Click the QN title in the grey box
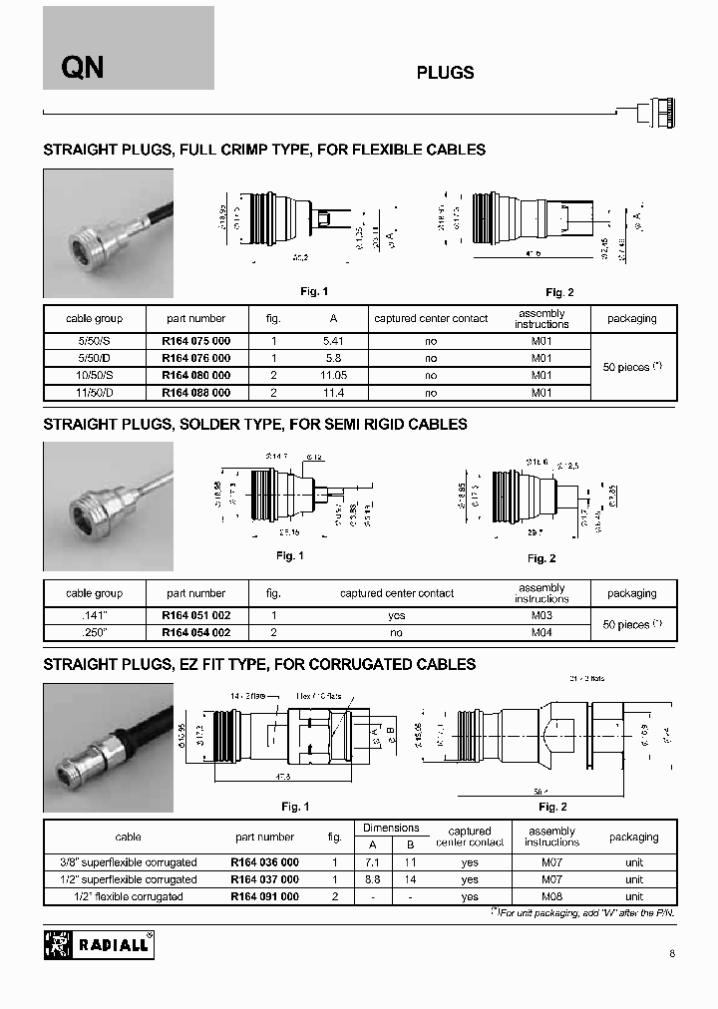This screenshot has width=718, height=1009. (x=83, y=68)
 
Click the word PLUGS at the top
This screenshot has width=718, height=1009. (x=444, y=73)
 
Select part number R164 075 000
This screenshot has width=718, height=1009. (x=195, y=341)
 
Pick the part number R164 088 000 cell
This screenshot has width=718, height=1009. (x=195, y=393)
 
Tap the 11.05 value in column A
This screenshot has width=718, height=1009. (x=331, y=376)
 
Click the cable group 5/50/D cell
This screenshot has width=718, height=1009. (x=94, y=358)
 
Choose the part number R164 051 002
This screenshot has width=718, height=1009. (x=195, y=616)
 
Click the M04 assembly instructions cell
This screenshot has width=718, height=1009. (x=541, y=633)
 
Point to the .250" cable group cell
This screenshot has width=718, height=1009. (x=94, y=633)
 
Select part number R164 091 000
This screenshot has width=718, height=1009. (x=264, y=896)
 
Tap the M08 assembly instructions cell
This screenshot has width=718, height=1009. (x=551, y=896)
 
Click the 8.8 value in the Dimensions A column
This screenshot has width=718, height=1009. (x=370, y=879)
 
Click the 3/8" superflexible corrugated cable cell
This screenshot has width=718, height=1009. (x=129, y=862)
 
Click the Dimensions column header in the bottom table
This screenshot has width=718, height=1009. (x=391, y=828)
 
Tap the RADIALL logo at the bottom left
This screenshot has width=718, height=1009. (x=99, y=943)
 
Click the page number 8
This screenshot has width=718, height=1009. (x=672, y=954)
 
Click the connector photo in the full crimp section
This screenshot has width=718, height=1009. (x=108, y=233)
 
